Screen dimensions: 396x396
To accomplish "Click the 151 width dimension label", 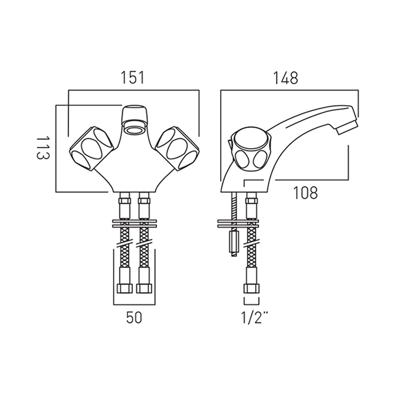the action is pyautogui.click(x=132, y=78).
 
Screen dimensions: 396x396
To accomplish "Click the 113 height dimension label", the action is pyautogui.click(x=43, y=148).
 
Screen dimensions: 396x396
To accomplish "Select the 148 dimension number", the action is pyautogui.click(x=286, y=78).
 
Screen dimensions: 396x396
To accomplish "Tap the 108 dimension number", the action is pyautogui.click(x=305, y=193).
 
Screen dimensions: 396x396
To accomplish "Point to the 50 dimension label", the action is pyautogui.click(x=134, y=317).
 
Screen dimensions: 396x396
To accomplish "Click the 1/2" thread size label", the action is pyautogui.click(x=255, y=317).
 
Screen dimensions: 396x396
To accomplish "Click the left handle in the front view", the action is pyautogui.click(x=91, y=148).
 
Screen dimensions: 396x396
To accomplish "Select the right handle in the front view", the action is pyautogui.click(x=177, y=148).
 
